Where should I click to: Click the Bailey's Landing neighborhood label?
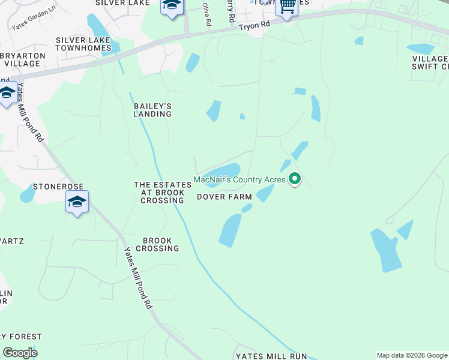pyautogui.click(x=152, y=110)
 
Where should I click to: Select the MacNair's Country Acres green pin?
pyautogui.click(x=295, y=179)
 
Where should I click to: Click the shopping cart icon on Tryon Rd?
pyautogui.click(x=287, y=6)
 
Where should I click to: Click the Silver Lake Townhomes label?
pyautogui.click(x=83, y=44)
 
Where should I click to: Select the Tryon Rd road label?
pyautogui.click(x=256, y=26)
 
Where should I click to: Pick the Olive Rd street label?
pyautogui.click(x=207, y=14)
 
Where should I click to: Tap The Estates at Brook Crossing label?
pyautogui.click(x=158, y=193)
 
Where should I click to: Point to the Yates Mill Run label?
pyautogui.click(x=271, y=356)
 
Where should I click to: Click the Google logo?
pyautogui.click(x=20, y=353)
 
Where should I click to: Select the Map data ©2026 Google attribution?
pyautogui.click(x=412, y=355)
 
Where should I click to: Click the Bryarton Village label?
pyautogui.click(x=22, y=59)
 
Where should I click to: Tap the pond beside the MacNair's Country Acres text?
pyautogui.click(x=224, y=171)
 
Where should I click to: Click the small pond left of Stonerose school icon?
pyautogui.click(x=27, y=194)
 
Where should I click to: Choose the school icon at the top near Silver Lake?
pyautogui.click(x=172, y=6)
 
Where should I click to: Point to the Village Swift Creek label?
pyautogui.click(x=430, y=62)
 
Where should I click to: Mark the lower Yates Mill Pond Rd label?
pyautogui.click(x=137, y=278)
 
